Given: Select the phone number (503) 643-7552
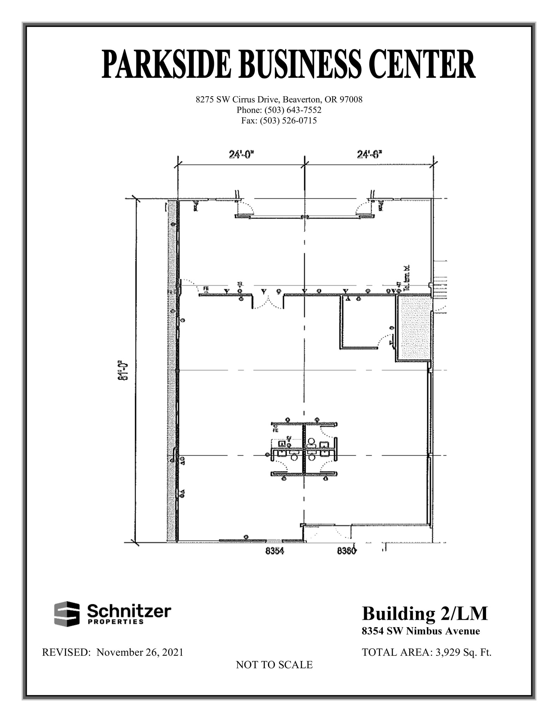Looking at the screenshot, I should click(293, 110).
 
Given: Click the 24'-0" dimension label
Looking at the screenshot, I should click(241, 154).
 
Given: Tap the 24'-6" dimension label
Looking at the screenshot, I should click(369, 154).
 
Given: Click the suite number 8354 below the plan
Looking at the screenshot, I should click(275, 551).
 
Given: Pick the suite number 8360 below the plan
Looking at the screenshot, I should click(347, 551).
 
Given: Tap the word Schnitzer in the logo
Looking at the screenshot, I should click(129, 610).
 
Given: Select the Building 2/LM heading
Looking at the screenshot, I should click(425, 613).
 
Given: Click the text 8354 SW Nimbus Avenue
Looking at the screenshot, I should click(421, 631).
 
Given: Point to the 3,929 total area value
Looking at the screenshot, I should click(448, 652).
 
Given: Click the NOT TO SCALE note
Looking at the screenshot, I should click(274, 665).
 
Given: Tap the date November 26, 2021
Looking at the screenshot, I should click(140, 652).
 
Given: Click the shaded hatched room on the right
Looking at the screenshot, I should click(414, 328).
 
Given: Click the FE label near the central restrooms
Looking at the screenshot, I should click(276, 430).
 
